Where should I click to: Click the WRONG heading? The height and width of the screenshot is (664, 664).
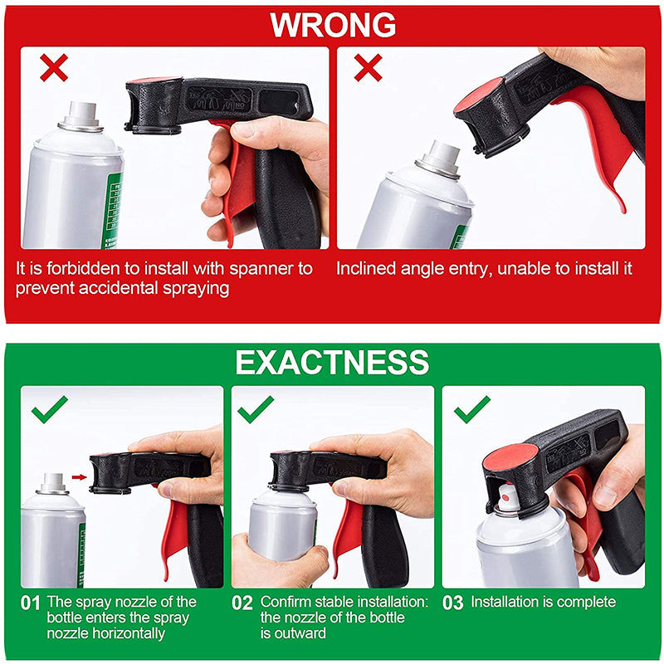click(333, 25)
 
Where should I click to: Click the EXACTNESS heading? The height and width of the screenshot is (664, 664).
click(333, 362)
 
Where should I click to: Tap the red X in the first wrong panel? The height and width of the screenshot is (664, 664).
click(54, 67)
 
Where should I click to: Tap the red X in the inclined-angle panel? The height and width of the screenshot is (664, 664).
click(368, 67)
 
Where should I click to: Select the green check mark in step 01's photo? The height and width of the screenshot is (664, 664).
click(49, 409)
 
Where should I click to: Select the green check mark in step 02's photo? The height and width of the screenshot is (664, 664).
click(256, 409)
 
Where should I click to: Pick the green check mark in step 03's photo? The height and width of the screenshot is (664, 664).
click(471, 409)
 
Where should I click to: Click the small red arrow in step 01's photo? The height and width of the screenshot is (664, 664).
click(79, 477)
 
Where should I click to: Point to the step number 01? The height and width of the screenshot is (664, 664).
click(30, 603)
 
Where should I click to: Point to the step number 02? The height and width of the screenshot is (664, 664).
click(242, 603)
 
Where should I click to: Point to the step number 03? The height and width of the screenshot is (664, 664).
click(452, 603)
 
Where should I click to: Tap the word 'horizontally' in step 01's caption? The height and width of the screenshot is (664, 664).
click(106, 633)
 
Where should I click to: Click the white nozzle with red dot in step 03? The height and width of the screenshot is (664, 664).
click(508, 499)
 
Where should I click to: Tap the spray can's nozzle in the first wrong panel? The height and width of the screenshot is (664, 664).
click(81, 115)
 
